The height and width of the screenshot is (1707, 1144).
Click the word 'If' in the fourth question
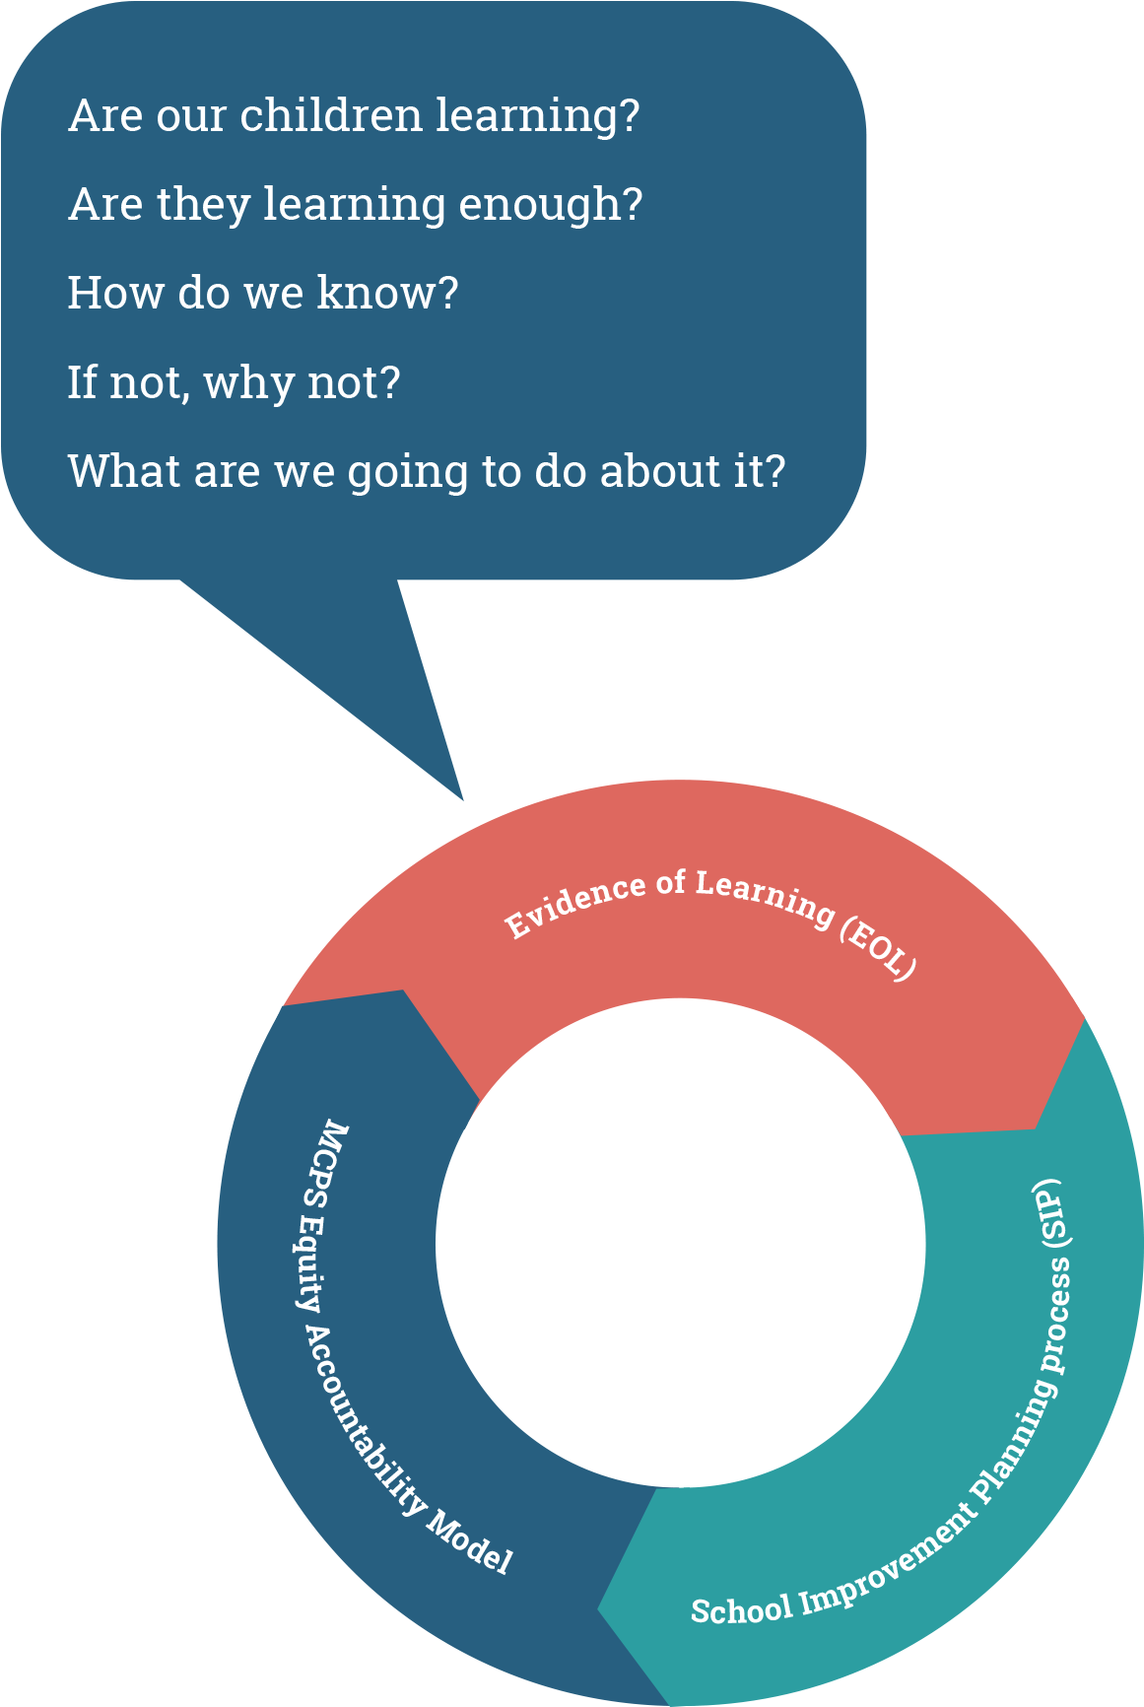[82, 382]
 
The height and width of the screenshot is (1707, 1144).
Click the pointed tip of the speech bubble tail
[461, 797]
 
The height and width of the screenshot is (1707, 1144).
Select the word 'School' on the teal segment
[741, 1609]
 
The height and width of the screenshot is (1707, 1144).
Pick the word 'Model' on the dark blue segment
[470, 1542]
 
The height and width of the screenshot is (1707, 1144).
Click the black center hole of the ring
[680, 1242]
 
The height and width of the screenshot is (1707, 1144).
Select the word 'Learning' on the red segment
[764, 897]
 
